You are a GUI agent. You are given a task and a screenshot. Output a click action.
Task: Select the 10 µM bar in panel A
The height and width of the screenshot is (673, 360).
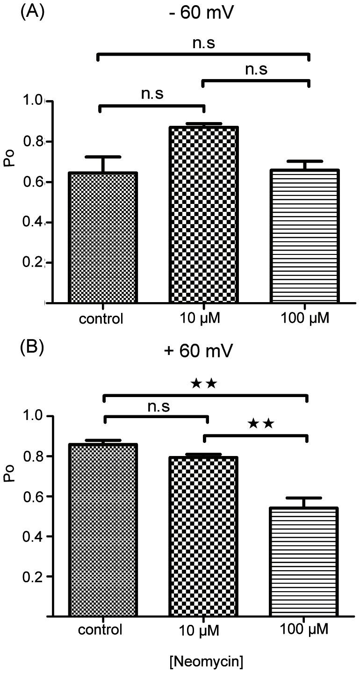coord(203,215)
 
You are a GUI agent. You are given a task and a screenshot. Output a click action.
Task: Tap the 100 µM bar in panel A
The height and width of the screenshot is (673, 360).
coord(304,236)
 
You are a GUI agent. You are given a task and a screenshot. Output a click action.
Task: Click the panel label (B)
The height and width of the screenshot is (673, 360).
coord(32,349)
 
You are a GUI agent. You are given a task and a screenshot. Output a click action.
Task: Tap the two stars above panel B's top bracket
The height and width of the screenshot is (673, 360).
coord(204,384)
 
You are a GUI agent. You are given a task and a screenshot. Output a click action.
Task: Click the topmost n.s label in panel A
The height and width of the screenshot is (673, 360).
coord(204,44)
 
